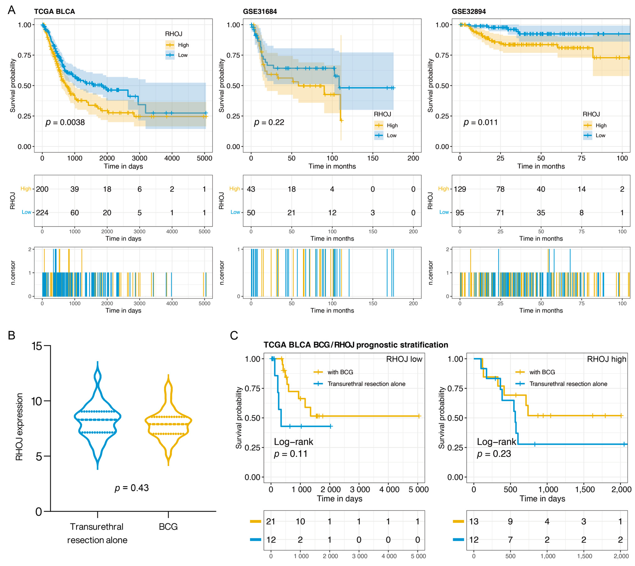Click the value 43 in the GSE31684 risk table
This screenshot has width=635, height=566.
click(251, 189)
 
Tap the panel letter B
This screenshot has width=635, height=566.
click(11, 336)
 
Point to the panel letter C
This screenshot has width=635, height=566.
click(234, 336)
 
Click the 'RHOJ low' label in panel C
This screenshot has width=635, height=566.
click(404, 359)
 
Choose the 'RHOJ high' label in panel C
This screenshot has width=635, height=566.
click(606, 359)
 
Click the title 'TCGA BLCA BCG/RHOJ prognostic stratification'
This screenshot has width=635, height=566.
click(356, 345)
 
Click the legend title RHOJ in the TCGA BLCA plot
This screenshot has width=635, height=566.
click(174, 34)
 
